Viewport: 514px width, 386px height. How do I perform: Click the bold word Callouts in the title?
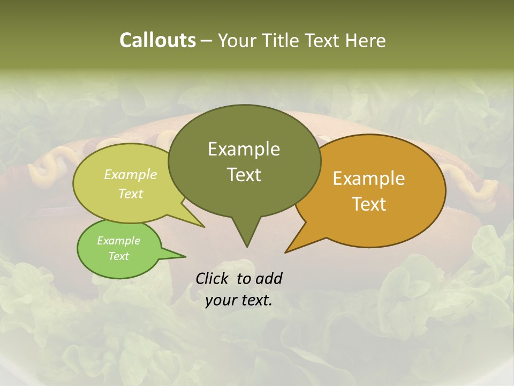point(157,40)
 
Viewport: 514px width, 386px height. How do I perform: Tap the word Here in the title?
point(365,40)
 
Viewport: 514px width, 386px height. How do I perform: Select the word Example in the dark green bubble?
point(244,149)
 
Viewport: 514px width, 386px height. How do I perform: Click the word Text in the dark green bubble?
point(244,175)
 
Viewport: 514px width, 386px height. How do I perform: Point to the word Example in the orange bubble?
point(369,179)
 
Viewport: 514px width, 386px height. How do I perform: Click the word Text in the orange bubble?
point(369,204)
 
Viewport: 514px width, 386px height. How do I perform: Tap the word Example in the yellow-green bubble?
point(130,175)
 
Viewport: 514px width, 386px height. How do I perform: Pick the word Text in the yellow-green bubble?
point(130,194)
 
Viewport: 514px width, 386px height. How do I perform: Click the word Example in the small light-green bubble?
point(118,241)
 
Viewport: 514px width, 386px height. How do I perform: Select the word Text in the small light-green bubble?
point(118,256)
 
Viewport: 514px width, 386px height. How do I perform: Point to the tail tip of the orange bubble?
point(288,250)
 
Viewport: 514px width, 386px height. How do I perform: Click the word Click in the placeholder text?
point(213,278)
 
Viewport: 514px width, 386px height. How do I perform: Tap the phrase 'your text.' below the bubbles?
point(238,301)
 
